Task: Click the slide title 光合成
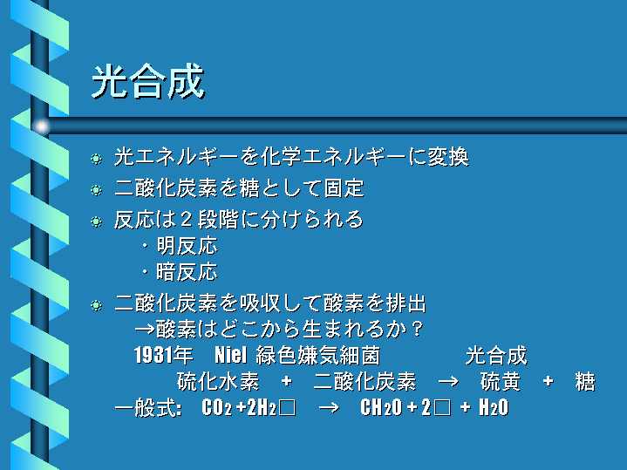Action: (x=148, y=82)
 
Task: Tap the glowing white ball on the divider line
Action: (x=42, y=126)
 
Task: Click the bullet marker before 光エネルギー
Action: (x=96, y=159)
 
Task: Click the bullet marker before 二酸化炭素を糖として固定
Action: (x=96, y=189)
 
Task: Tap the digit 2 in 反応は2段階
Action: (x=186, y=220)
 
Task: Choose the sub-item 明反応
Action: (x=187, y=246)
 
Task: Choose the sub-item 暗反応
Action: (x=187, y=272)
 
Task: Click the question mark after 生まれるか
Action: (x=417, y=329)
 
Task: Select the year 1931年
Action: (x=164, y=355)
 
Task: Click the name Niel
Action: (x=231, y=355)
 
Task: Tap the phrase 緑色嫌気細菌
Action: (x=318, y=355)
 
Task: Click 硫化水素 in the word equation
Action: (x=218, y=381)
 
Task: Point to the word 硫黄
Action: (x=501, y=381)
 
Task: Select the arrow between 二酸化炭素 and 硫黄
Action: (x=448, y=382)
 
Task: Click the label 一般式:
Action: (x=148, y=407)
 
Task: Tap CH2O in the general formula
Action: (x=381, y=407)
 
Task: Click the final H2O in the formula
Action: (x=494, y=407)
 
